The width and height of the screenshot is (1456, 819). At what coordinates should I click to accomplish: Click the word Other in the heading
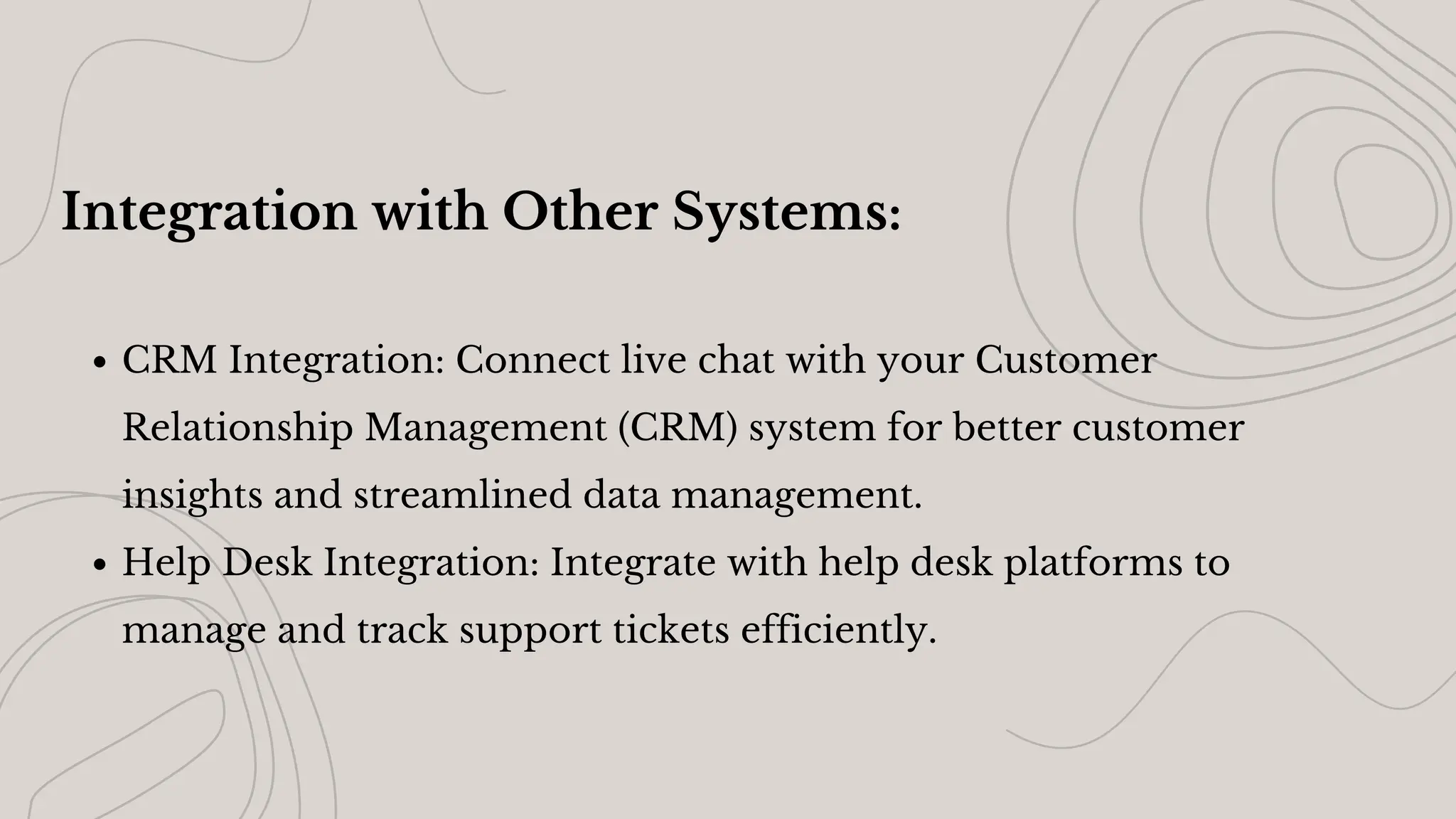click(x=579, y=212)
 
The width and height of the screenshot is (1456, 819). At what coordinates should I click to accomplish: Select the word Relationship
click(x=237, y=428)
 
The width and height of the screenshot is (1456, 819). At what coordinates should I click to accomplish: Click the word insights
click(x=192, y=496)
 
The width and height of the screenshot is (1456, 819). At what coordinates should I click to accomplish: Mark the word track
click(x=402, y=630)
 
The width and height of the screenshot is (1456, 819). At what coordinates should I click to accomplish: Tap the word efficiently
click(x=839, y=630)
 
